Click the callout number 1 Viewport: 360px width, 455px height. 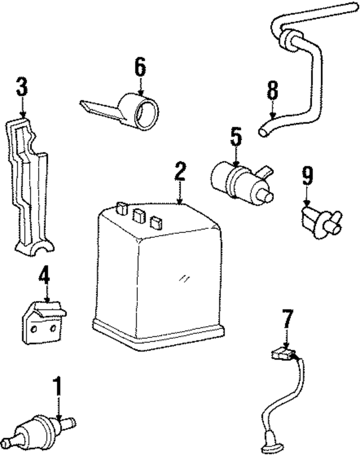click(x=57, y=387)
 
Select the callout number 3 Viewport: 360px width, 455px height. click(x=21, y=87)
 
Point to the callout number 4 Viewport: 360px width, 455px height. click(x=44, y=276)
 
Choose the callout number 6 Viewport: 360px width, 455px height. click(x=140, y=67)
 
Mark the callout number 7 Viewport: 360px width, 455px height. click(x=287, y=320)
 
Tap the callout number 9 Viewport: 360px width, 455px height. click(x=307, y=177)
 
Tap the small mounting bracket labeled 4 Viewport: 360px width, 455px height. click(x=43, y=323)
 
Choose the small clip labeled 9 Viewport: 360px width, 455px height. click(x=319, y=220)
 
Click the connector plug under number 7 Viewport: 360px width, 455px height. click(x=283, y=355)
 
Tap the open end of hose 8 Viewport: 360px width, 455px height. click(x=263, y=132)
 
